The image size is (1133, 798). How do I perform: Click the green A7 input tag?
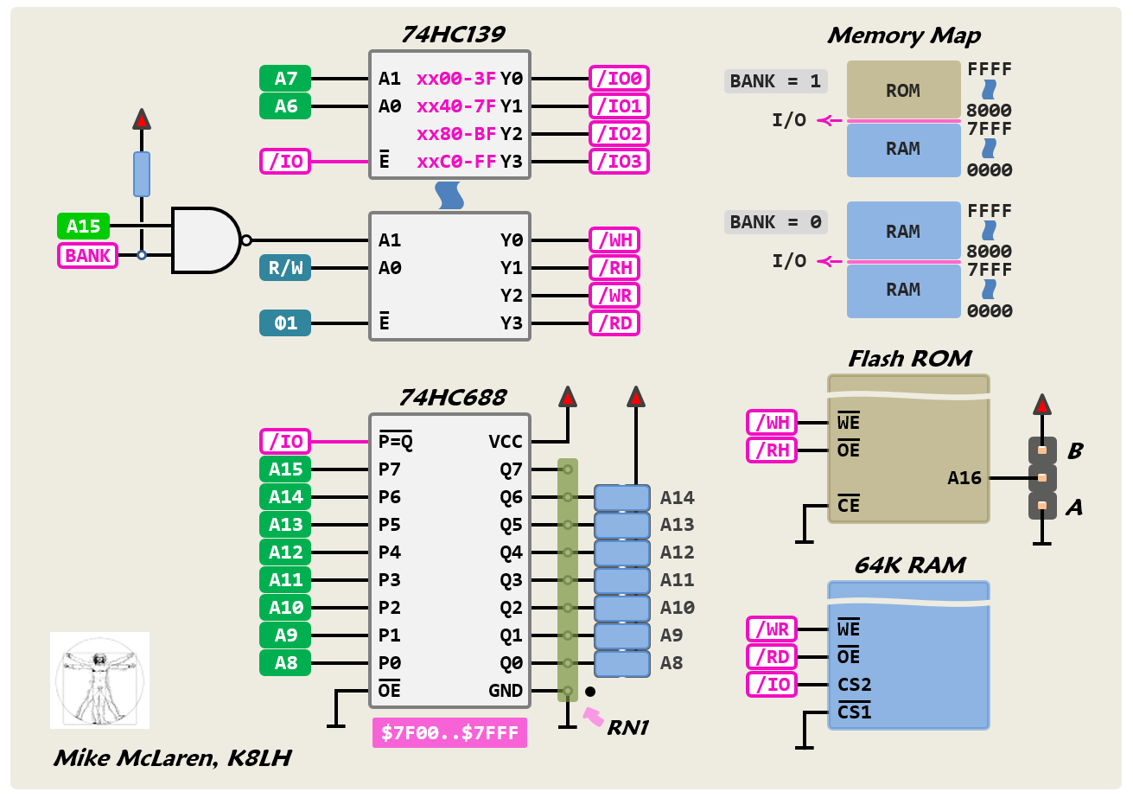285,79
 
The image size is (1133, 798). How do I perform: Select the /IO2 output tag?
619,134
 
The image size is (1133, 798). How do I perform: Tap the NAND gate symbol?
207,240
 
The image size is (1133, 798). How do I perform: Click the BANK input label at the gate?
88,256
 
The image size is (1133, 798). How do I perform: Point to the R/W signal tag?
285,268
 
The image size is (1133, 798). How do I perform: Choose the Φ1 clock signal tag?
285,323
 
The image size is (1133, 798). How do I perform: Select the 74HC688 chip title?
452,398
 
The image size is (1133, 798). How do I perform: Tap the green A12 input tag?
285,552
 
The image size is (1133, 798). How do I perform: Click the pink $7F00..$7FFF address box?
449,734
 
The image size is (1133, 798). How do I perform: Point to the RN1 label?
627,729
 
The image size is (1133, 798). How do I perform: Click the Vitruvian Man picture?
99,680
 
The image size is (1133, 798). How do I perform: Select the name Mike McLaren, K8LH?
172,758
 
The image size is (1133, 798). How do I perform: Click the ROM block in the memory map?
903,90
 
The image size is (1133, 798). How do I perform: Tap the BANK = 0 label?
775,222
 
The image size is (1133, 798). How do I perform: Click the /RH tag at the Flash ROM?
772,450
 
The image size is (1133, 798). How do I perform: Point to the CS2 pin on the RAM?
854,685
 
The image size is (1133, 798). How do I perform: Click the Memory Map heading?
903,35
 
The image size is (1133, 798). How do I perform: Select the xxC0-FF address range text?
456,162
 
